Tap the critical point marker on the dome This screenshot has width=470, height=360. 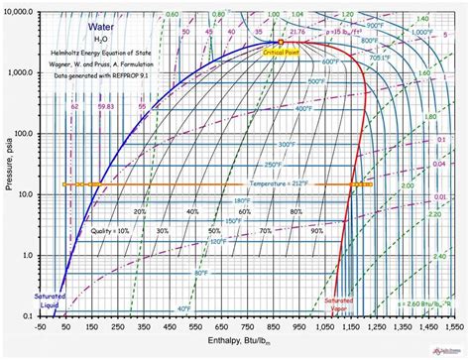(x=281, y=43)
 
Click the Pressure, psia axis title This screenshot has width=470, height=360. (x=7, y=164)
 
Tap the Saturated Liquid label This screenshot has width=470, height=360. (x=50, y=302)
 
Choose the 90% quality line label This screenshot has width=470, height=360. (x=317, y=230)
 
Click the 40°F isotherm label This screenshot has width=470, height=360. (x=184, y=308)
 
